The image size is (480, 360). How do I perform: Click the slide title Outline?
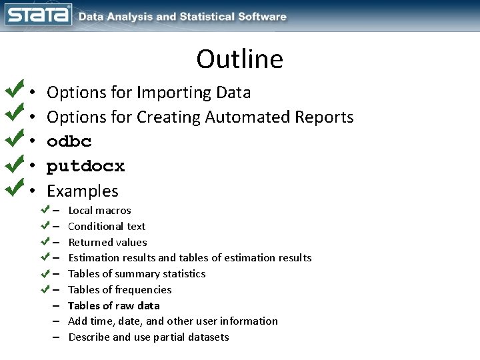(x=239, y=59)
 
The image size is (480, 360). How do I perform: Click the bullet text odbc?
(x=69, y=141)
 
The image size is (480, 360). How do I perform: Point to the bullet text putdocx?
(x=85, y=166)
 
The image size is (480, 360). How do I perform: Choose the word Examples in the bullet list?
(x=83, y=191)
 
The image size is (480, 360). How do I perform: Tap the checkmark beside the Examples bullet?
(x=15, y=188)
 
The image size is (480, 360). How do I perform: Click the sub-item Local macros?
(x=100, y=211)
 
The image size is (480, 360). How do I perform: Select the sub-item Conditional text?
(x=107, y=227)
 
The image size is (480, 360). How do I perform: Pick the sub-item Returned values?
(x=107, y=243)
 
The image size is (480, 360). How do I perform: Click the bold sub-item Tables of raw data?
(x=114, y=306)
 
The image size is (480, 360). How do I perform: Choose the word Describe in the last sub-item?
(x=89, y=337)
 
